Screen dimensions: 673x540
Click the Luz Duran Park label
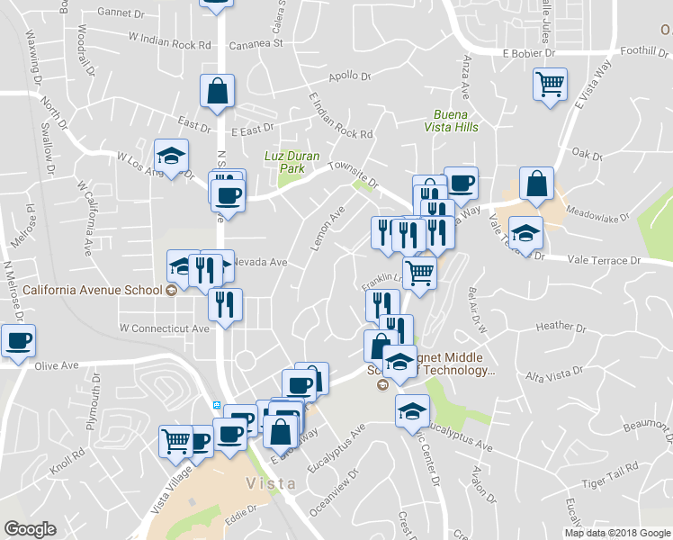[292, 161]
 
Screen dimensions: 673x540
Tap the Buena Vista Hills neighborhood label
[455, 121]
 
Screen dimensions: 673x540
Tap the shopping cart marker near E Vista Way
[550, 86]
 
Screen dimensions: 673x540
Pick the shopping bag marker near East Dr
[217, 92]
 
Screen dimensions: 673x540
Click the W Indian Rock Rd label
[170, 40]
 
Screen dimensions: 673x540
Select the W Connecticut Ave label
[165, 327]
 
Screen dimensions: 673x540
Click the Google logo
[30, 530]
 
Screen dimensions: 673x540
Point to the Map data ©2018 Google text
[617, 533]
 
